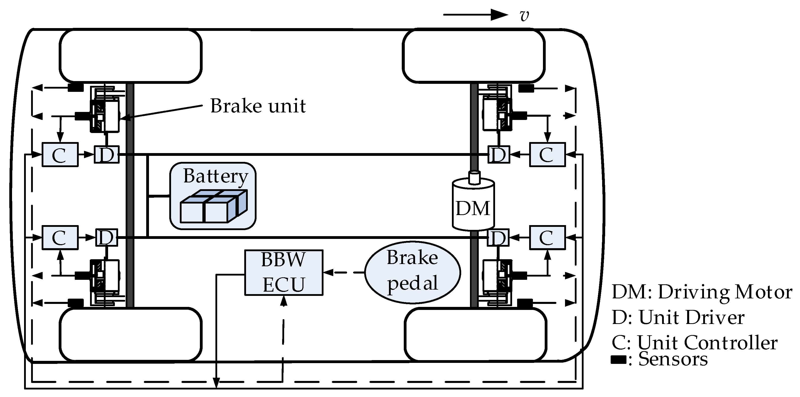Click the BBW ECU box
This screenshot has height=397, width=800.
[x=284, y=273]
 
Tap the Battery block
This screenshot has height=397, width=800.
[x=213, y=196]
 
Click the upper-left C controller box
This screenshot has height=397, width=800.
[x=60, y=154]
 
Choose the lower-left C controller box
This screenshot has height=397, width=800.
[x=60, y=237]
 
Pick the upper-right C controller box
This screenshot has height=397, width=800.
[x=547, y=154]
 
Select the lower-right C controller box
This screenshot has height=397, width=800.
[x=547, y=237]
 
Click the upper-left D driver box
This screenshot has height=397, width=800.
[x=107, y=154]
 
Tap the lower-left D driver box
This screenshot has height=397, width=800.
[x=107, y=237]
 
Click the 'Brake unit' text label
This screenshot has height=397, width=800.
[x=258, y=106]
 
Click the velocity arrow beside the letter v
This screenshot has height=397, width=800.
[x=476, y=15]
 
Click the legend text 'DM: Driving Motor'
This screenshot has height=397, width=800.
[x=702, y=292]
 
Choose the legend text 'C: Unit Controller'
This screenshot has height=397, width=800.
[x=695, y=343]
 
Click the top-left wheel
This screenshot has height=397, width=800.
[x=131, y=56]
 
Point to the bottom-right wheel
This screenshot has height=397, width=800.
[x=475, y=335]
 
